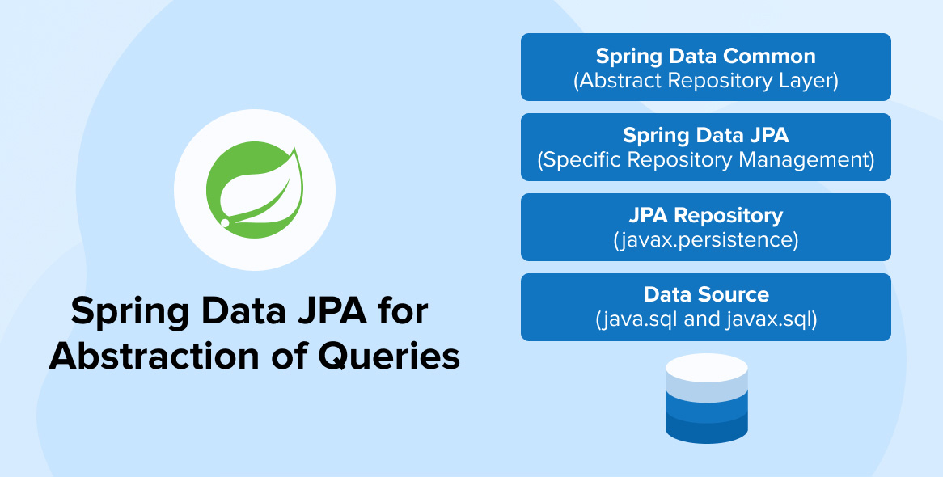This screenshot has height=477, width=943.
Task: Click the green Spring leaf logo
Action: pyautogui.click(x=254, y=191)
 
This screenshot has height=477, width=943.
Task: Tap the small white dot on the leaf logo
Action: pyautogui.click(x=226, y=222)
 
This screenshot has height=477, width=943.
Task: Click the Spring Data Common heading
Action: pyautogui.click(x=705, y=57)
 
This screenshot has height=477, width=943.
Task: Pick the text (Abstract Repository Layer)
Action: pyautogui.click(x=705, y=80)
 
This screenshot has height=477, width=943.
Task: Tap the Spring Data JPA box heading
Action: pyautogui.click(x=705, y=136)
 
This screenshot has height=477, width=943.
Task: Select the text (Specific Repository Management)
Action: pyautogui.click(x=705, y=159)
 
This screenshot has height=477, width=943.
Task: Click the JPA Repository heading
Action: pyautogui.click(x=705, y=216)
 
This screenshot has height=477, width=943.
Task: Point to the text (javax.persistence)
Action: pyautogui.click(x=705, y=239)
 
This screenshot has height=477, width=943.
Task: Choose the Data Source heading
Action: pyautogui.click(x=705, y=295)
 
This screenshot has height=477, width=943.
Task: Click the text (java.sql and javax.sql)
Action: pyautogui.click(x=705, y=319)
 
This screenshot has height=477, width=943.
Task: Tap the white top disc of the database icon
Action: pyautogui.click(x=706, y=369)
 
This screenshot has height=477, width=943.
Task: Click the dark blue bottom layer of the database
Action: pyautogui.click(x=706, y=433)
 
